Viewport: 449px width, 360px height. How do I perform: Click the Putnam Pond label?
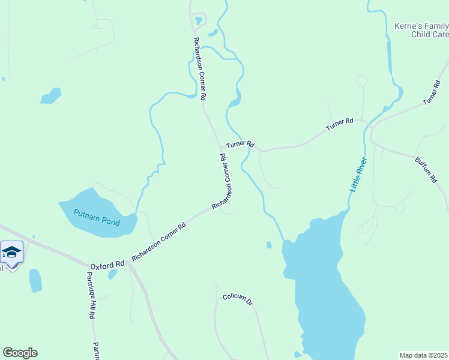pos(96,217)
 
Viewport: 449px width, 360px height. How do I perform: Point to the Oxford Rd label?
pos(107,265)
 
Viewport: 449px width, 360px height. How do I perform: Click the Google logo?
pos(20,353)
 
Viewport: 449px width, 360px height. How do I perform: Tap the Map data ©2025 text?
pos(424,355)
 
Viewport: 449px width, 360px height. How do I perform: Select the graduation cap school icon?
pos(11,251)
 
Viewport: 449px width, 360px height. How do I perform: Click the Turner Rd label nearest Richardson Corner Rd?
pos(241,145)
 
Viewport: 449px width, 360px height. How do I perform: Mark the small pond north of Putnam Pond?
pos(50,95)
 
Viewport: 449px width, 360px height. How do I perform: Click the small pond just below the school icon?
pos(35,280)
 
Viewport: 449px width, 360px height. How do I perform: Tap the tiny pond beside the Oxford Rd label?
pos(112,274)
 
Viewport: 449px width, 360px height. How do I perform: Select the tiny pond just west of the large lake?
pos(269,244)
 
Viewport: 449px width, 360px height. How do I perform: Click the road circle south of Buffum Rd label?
pos(399,207)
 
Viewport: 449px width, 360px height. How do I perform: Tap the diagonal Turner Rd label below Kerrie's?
pos(432,92)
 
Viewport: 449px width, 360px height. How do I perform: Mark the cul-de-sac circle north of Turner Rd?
pos(361,80)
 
